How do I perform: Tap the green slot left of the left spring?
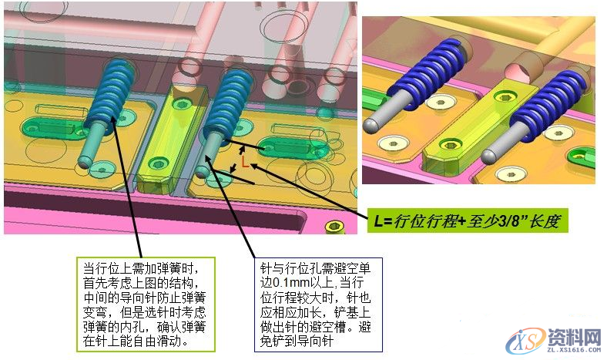coord(51,125)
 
